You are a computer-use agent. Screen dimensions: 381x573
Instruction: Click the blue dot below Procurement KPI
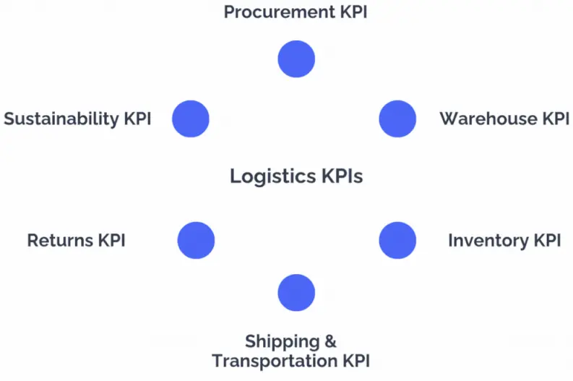pyautogui.click(x=296, y=59)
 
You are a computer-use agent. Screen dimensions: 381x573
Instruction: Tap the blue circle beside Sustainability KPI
pyautogui.click(x=191, y=119)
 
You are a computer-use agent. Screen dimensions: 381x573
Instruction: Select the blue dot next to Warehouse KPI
pyautogui.click(x=397, y=119)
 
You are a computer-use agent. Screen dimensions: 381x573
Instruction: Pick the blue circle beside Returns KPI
pyautogui.click(x=196, y=240)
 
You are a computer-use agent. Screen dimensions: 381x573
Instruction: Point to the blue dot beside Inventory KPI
pyautogui.click(x=397, y=240)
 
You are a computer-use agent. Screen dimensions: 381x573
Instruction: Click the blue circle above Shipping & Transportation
pyautogui.click(x=296, y=293)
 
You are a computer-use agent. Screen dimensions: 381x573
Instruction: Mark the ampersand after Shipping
pyautogui.click(x=330, y=341)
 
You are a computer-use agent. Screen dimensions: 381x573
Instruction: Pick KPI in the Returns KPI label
pyautogui.click(x=111, y=240)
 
